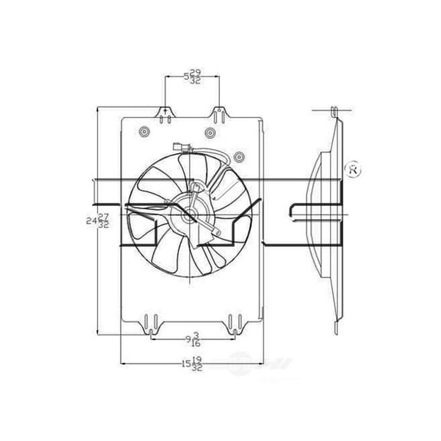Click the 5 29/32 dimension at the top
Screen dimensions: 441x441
pos(192,77)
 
